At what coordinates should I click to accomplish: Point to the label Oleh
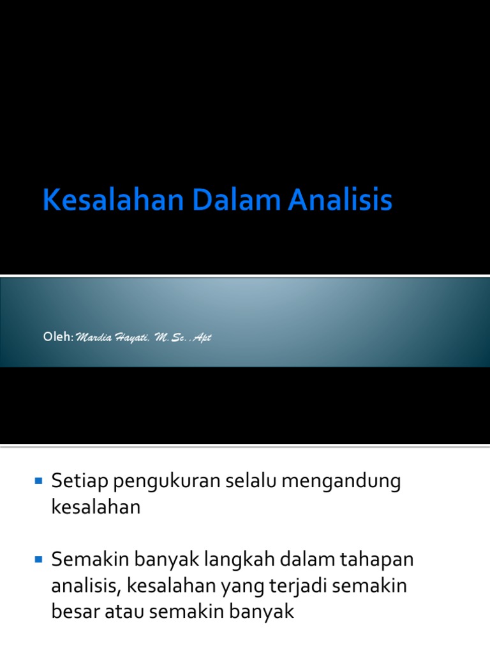(57, 337)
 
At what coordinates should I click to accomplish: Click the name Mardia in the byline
(94, 338)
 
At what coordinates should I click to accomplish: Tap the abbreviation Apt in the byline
(200, 339)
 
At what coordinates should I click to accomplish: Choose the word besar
(77, 612)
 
